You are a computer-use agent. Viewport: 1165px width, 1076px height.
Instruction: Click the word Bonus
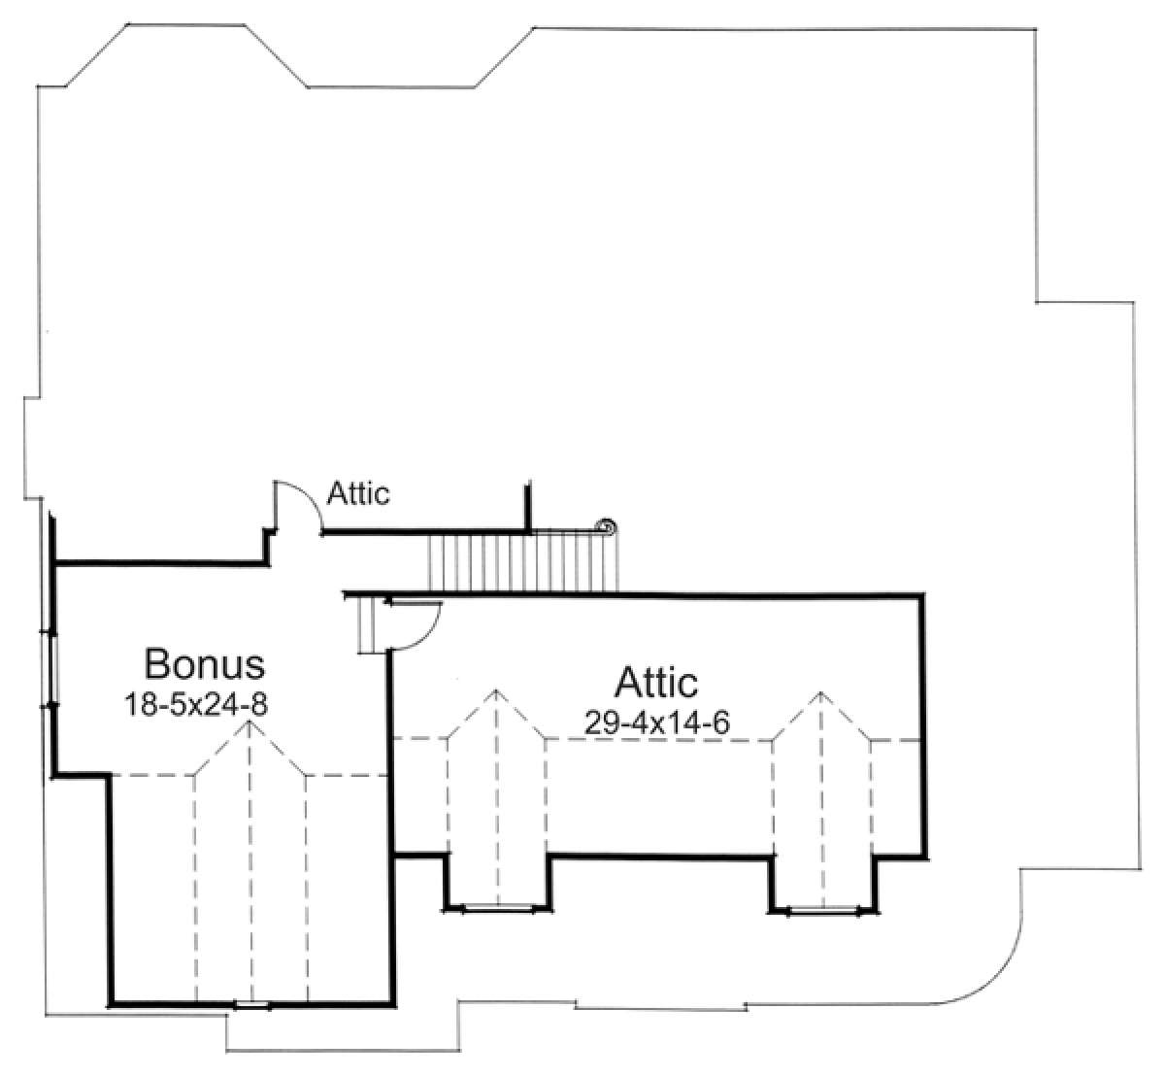coord(205,664)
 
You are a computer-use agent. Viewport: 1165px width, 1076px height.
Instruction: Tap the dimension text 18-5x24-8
coord(196,704)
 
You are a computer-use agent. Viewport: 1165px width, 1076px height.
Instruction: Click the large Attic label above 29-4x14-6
coord(656,682)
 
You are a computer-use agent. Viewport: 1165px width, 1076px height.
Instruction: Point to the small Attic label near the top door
coord(358,493)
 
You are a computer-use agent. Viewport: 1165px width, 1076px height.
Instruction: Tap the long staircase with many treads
coord(523,561)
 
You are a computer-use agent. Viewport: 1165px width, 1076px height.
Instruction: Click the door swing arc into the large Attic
coord(427,636)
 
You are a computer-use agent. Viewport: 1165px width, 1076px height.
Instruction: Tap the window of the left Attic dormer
coord(498,910)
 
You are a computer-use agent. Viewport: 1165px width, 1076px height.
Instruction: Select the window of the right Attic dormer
coord(823,912)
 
